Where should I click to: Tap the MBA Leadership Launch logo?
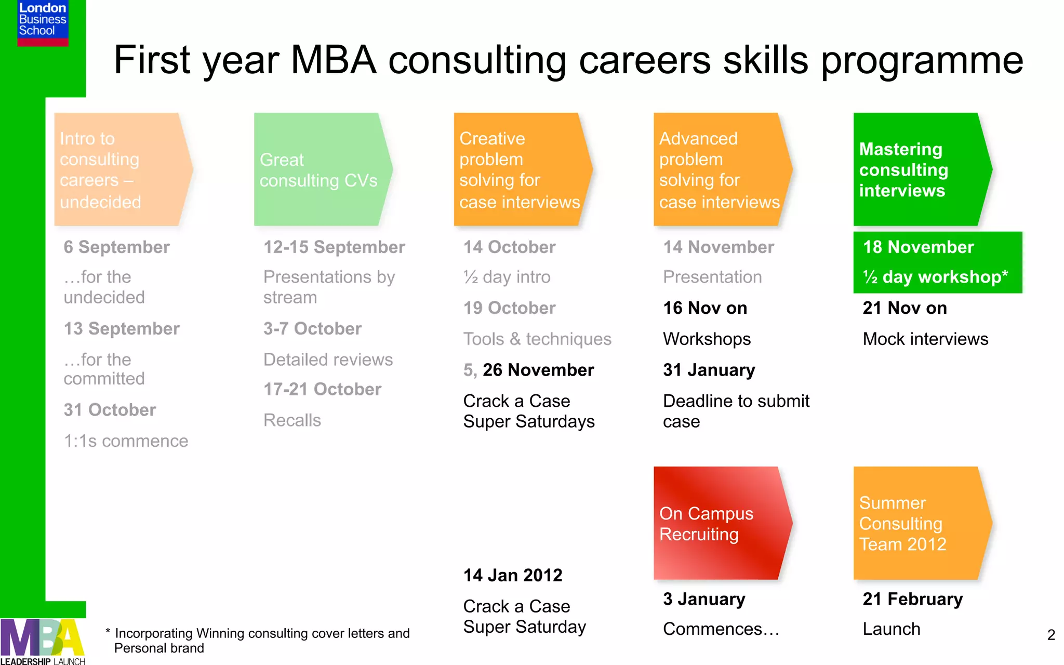pyautogui.click(x=43, y=642)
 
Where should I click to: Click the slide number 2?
pyautogui.click(x=1051, y=635)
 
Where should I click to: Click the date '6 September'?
pyautogui.click(x=116, y=247)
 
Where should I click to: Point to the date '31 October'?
pyautogui.click(x=110, y=410)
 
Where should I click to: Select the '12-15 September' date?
pyautogui.click(x=334, y=247)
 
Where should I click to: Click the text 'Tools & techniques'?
pyautogui.click(x=537, y=339)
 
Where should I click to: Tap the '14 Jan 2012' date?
pyautogui.click(x=513, y=576)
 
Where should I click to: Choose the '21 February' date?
pyautogui.click(x=913, y=599)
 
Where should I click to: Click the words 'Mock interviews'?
pyautogui.click(x=925, y=339)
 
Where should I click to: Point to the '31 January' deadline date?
pyautogui.click(x=709, y=370)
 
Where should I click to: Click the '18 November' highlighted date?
pyautogui.click(x=918, y=247)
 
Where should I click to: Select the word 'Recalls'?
pyautogui.click(x=292, y=420)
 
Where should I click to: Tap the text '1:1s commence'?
pyautogui.click(x=126, y=441)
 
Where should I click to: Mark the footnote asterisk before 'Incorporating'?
pyautogui.click(x=108, y=632)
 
